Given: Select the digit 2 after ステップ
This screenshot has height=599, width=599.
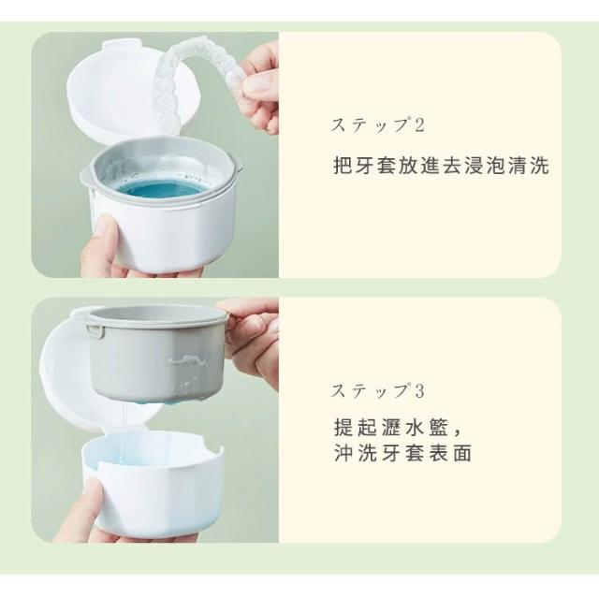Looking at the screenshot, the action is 419,125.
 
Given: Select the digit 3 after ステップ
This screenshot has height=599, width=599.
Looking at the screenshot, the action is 419,391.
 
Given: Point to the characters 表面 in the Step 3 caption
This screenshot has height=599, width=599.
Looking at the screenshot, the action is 450,453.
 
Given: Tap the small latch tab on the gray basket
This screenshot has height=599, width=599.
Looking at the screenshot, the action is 95,330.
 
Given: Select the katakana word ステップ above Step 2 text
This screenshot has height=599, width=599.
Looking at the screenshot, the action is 370,125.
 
